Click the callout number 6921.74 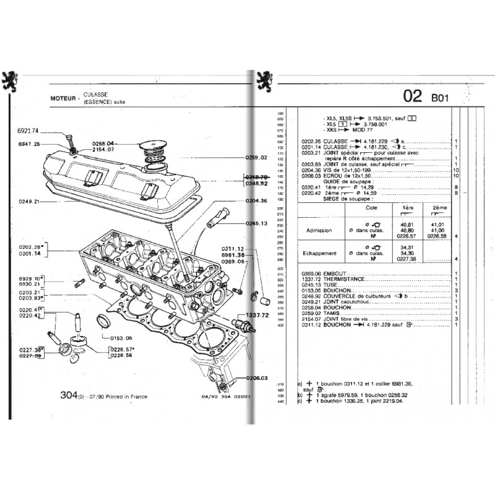click(27, 131)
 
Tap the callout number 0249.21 click(28, 202)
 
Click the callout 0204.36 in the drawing click(256, 200)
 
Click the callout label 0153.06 click(121, 338)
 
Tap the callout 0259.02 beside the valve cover click(256, 158)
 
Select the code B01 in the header click(440, 97)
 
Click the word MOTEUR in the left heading click(64, 98)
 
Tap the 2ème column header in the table click(440, 208)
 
